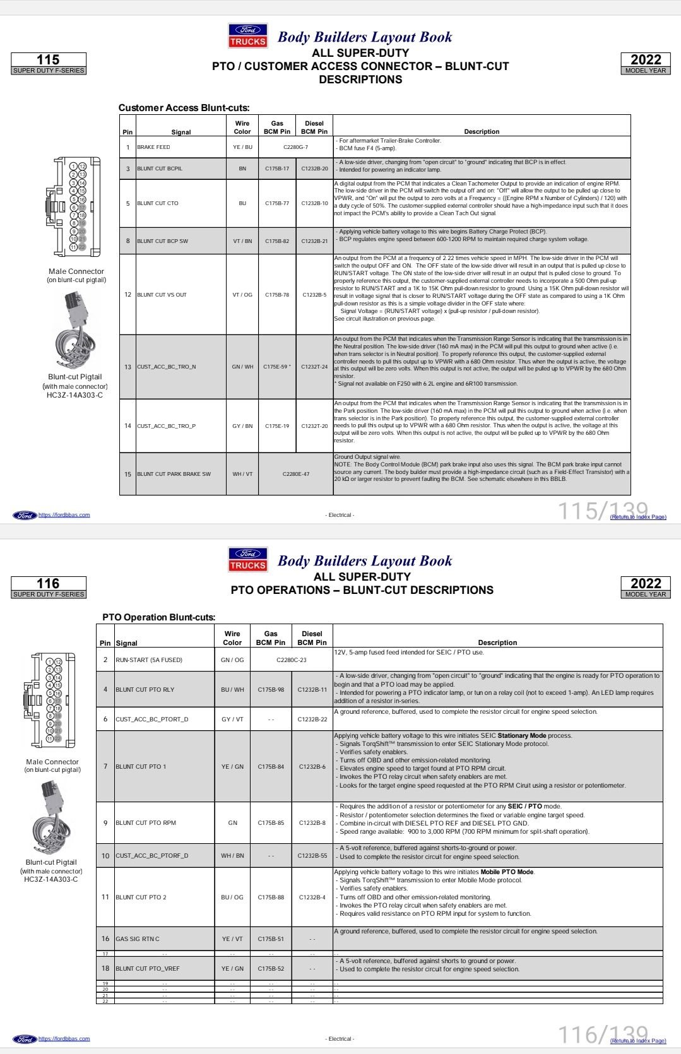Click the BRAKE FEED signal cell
[153, 147]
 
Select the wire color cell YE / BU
[242, 147]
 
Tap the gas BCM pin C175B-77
[277, 203]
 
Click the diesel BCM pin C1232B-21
[314, 241]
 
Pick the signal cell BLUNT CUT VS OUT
[162, 295]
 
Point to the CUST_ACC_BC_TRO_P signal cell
[166, 426]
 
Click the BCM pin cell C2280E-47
[295, 474]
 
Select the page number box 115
[49, 63]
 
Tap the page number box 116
[49, 587]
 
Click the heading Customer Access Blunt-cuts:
[184, 108]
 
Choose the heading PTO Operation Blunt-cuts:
[158, 617]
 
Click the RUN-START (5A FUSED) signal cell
[148, 660]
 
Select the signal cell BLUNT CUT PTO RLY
[145, 690]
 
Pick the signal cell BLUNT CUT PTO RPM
[146, 823]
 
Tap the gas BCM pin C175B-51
[271, 939]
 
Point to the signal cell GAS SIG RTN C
[137, 939]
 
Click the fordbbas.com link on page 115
[64, 515]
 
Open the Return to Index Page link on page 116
[638, 1041]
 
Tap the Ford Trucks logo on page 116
[248, 559]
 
